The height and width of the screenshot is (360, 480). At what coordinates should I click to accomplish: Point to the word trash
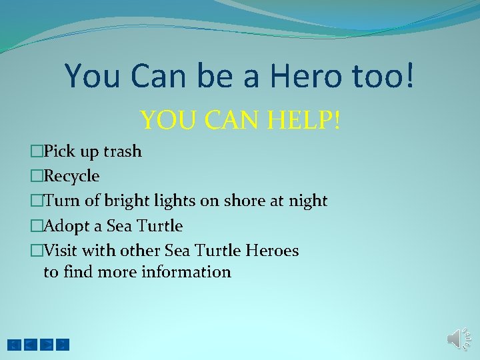(121, 151)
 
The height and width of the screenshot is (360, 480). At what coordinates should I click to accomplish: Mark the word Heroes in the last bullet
(273, 251)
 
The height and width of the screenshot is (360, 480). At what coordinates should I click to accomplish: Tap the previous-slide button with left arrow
(30, 345)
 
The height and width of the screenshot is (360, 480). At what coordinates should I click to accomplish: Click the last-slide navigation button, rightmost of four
(63, 345)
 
